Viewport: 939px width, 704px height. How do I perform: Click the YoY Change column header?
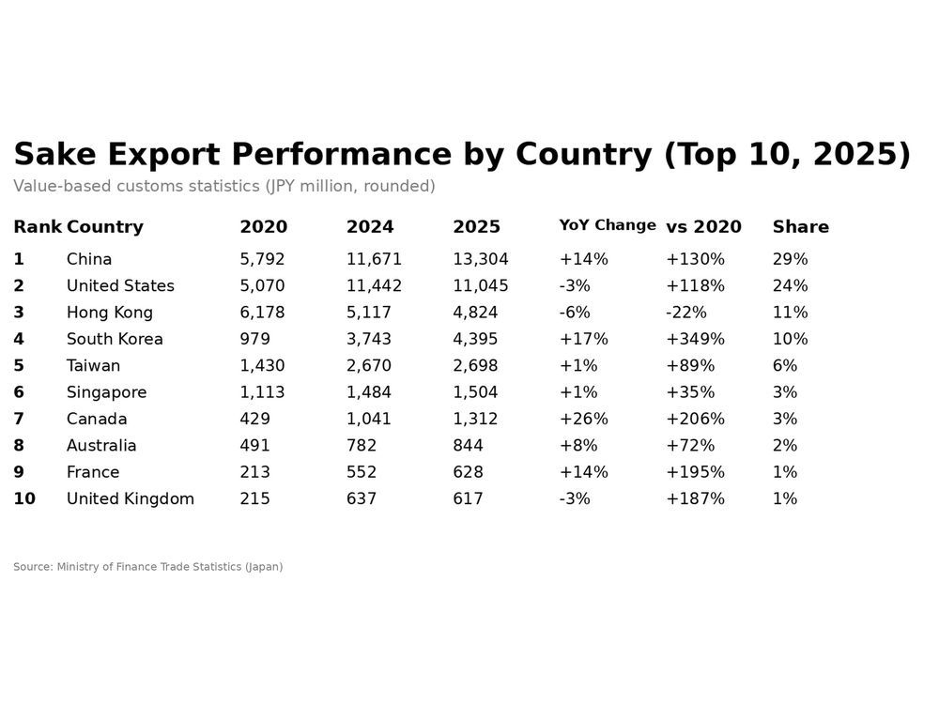(x=607, y=225)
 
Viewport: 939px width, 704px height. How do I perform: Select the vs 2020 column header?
(x=703, y=227)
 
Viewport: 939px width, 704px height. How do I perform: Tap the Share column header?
(x=800, y=227)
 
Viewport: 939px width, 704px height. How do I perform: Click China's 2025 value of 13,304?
(x=480, y=259)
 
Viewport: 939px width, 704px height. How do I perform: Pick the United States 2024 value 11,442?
(x=374, y=286)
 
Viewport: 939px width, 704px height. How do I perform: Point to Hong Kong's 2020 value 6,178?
(x=262, y=313)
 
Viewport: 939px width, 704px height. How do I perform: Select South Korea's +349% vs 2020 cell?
(x=695, y=339)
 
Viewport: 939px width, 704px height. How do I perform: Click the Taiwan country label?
(x=93, y=366)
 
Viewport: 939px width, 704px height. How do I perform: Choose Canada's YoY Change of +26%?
(x=583, y=419)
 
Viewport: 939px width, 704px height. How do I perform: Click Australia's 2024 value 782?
(x=362, y=446)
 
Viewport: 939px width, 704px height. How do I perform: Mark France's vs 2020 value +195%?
(x=695, y=472)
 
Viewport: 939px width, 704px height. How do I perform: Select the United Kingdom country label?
(x=130, y=499)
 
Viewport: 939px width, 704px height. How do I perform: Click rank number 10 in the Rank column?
(x=24, y=499)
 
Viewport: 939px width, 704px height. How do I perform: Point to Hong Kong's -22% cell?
(x=685, y=313)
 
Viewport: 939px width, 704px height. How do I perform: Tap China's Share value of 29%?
(x=790, y=259)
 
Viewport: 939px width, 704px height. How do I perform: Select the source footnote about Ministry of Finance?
(x=147, y=567)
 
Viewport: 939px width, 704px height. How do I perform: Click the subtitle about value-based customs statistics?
(x=223, y=186)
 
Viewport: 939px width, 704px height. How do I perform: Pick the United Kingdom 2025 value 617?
(x=468, y=499)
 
